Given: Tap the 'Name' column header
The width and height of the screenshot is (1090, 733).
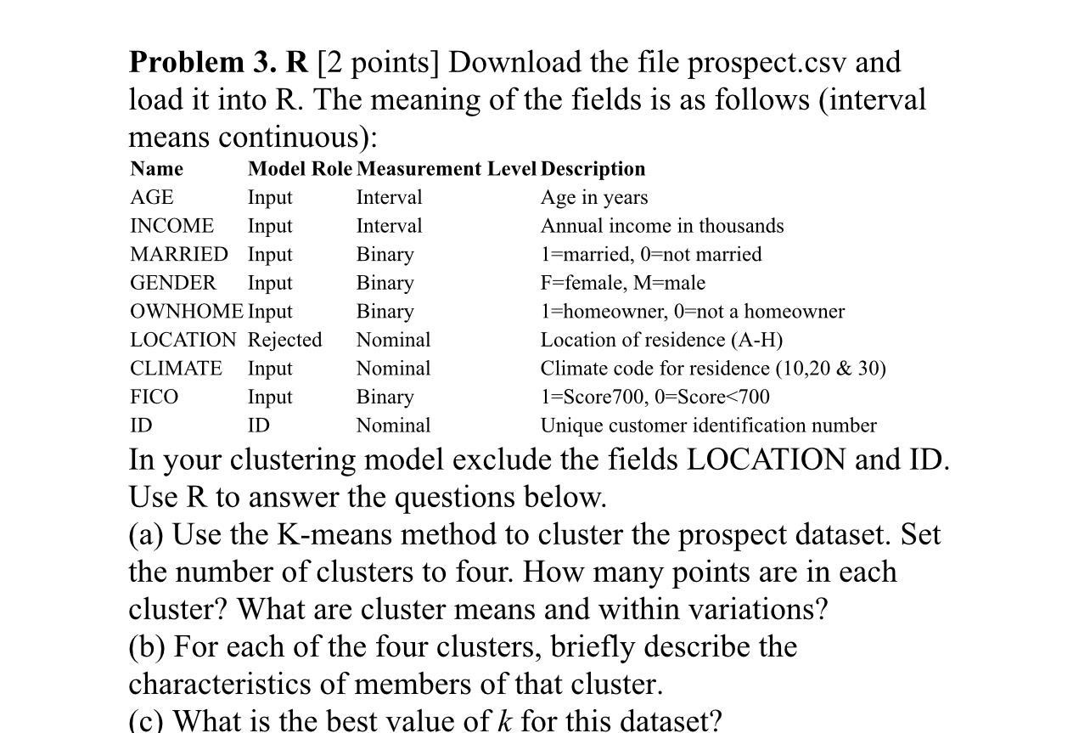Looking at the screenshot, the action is tap(156, 169).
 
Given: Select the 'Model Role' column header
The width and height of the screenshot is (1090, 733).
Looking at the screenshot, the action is tap(300, 169).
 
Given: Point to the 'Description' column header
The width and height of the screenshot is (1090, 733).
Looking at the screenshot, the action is tap(593, 169).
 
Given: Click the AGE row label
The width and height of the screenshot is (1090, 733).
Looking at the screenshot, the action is tap(152, 198).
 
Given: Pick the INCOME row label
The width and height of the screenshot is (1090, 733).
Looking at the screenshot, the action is tap(171, 226).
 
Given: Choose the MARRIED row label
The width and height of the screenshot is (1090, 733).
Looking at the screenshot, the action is tap(179, 255).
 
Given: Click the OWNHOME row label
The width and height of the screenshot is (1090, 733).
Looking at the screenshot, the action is tap(187, 312).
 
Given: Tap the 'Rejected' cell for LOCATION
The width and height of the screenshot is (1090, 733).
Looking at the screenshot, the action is tap(284, 341).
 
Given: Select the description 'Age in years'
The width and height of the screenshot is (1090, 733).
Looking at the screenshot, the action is tap(594, 198).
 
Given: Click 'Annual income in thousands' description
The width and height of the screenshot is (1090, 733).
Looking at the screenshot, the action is tap(662, 226).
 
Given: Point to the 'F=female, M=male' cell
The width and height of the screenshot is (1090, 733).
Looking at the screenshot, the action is tap(623, 283).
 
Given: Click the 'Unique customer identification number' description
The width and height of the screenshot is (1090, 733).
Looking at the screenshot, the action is tap(709, 426).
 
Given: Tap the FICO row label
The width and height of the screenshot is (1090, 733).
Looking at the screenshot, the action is tap(155, 398).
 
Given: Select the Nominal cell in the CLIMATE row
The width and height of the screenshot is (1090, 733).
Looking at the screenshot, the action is tap(393, 369).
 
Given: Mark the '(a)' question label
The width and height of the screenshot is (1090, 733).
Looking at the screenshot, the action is tap(147, 535).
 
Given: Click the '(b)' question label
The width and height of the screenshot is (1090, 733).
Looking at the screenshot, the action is tap(148, 647).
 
